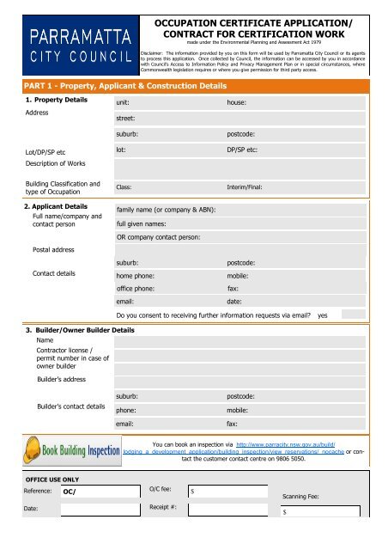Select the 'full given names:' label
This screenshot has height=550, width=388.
point(143,223)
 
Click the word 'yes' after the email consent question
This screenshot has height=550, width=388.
point(323,316)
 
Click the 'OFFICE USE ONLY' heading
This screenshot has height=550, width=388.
point(52,478)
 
